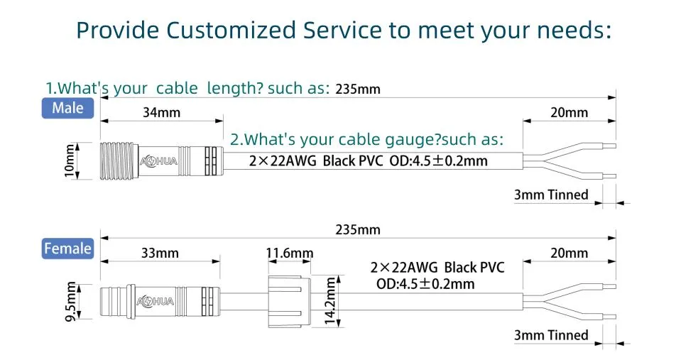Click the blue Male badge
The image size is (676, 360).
click(x=67, y=108)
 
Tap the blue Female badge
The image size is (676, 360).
click(x=67, y=249)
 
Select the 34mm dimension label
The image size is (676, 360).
click(x=162, y=112)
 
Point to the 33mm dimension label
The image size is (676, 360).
click(x=160, y=253)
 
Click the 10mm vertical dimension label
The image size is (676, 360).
click(x=69, y=160)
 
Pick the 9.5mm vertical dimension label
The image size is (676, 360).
click(x=70, y=301)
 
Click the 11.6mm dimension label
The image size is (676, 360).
click(x=290, y=253)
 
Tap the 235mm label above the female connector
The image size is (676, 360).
click(x=358, y=230)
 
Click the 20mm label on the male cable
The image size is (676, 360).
click(x=569, y=112)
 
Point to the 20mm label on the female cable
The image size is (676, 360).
click(x=569, y=253)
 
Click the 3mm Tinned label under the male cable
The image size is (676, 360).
click(x=551, y=195)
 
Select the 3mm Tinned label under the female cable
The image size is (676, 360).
click(x=551, y=335)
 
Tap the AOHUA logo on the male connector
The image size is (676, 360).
click(x=158, y=161)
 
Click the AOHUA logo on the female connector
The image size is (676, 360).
click(x=156, y=301)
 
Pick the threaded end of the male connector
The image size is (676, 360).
click(x=119, y=160)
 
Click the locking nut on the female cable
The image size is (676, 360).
click(x=289, y=301)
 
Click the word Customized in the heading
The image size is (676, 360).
click(x=231, y=31)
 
